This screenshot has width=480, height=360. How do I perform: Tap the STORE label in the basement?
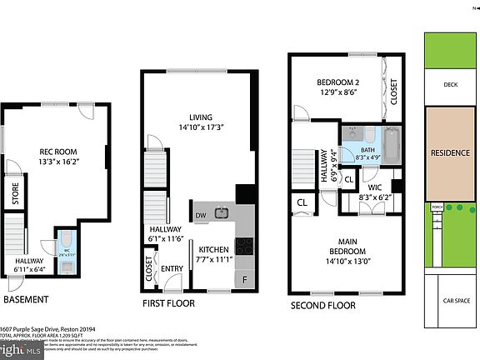15,198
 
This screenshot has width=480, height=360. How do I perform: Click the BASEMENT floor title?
26,299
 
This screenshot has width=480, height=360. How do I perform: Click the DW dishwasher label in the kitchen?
200,215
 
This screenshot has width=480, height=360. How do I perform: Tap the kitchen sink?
221,213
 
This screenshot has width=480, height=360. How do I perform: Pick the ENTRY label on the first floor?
172,268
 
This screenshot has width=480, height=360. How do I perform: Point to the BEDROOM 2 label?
337,82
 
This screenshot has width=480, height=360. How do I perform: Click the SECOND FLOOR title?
322,305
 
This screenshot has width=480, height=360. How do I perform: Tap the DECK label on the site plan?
451,83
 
